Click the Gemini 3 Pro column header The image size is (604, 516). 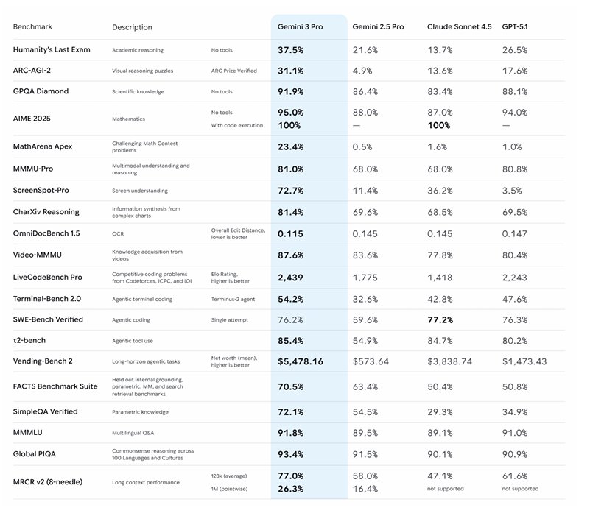[301, 27]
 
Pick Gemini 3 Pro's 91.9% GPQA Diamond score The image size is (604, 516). [291, 91]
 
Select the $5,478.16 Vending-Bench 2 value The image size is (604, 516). [301, 362]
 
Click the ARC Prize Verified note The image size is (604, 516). [234, 71]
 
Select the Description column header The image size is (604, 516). [132, 27]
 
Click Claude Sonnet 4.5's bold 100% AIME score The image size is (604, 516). [439, 125]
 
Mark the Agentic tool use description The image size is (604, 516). [133, 342]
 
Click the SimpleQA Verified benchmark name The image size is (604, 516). [45, 411]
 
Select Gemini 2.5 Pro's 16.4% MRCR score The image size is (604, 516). [365, 488]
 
